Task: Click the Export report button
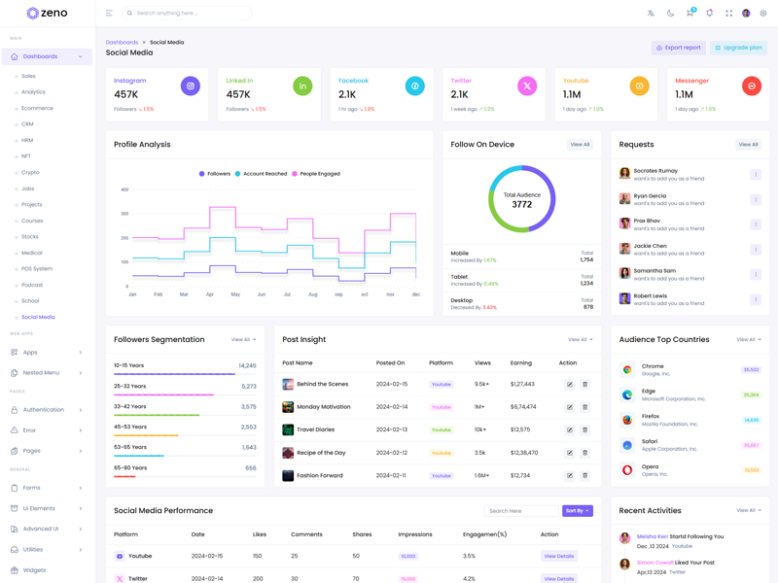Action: [x=678, y=48]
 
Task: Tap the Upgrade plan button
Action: [x=738, y=48]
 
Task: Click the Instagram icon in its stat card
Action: [x=191, y=86]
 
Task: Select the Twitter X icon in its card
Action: [x=527, y=86]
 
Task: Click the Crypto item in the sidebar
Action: [x=31, y=172]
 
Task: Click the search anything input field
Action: [x=190, y=14]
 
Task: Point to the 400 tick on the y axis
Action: [x=124, y=189]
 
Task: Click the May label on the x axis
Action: [x=235, y=294]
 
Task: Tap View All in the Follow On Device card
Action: [x=580, y=145]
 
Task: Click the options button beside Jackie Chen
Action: [x=756, y=250]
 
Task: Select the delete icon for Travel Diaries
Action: [x=584, y=429]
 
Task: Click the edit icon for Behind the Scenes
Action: [x=570, y=385]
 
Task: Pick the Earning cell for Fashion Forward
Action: [x=522, y=475]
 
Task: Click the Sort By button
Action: [x=577, y=511]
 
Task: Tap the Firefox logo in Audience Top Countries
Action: [x=627, y=420]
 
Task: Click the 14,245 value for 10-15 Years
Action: [x=247, y=366]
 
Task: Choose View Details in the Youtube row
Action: [x=559, y=557]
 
